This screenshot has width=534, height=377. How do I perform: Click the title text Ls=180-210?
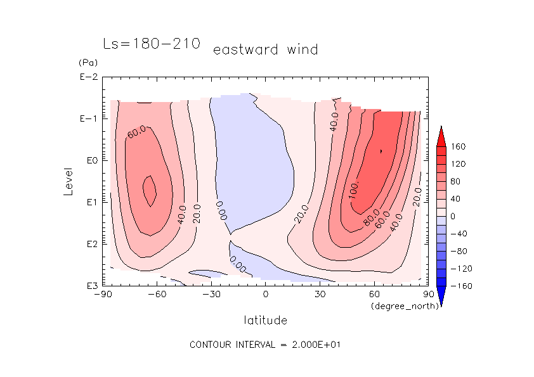152,44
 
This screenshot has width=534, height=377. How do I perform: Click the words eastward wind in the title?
265,49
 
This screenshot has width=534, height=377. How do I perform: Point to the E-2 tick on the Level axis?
88,77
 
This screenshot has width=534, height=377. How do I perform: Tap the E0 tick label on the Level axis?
88,160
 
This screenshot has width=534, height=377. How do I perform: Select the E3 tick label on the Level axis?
88,285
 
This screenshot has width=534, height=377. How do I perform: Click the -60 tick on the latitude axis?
157,294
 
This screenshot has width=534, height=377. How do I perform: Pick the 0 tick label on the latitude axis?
265,294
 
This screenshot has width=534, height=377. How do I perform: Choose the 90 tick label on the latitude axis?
428,294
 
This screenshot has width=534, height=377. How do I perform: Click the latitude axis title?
265,320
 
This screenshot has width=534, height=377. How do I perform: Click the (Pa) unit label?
86,63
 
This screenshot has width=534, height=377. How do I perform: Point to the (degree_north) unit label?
400,306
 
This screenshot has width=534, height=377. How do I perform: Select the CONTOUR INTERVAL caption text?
266,345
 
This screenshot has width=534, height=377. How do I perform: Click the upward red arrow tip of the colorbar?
440,129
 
